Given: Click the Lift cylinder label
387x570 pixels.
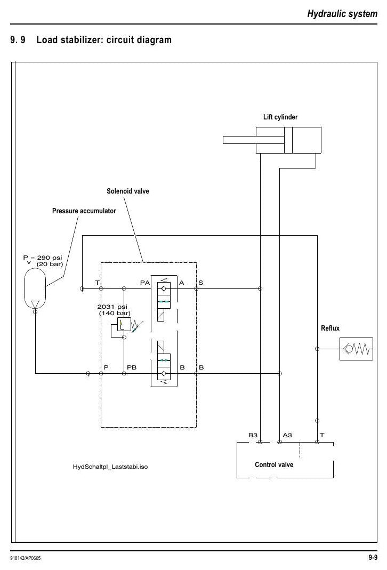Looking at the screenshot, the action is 280,117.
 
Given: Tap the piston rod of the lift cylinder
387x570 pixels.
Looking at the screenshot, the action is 254,140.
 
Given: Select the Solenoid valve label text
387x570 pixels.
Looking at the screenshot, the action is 127,191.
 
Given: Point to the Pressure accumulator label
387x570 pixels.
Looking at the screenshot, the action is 84,211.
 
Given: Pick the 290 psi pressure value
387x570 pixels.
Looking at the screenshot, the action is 50,258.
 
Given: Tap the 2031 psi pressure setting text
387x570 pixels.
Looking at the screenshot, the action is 112,307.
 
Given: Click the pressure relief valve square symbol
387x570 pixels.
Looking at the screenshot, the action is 124,324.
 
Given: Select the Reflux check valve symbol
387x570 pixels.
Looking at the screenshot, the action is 356,349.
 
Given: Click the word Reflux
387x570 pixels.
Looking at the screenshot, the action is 330,328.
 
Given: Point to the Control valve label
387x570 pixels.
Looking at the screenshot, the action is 274,464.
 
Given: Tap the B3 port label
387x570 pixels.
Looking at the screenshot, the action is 253,435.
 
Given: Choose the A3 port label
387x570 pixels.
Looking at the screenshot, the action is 287,435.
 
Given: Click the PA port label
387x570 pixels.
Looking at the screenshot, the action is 145,283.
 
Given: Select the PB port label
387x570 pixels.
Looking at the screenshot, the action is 132,367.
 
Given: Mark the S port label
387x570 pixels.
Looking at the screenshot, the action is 200,283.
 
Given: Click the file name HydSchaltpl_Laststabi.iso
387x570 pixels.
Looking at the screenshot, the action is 110,467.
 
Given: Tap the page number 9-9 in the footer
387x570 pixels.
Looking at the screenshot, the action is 373,557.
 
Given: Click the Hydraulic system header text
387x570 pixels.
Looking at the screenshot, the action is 342,14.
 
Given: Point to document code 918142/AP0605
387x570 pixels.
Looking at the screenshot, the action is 26,558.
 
